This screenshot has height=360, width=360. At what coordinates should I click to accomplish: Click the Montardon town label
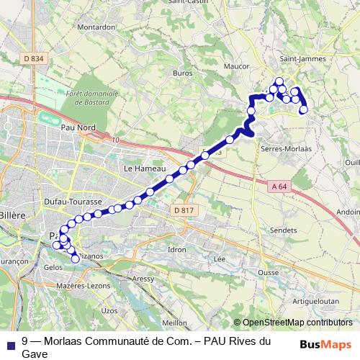[x=96, y=27]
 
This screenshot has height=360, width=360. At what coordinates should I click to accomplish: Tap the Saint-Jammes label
[x=302, y=59]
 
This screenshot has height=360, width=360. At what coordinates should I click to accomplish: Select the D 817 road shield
[x=184, y=210]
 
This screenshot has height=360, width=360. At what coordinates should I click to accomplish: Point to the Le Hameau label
[x=140, y=168]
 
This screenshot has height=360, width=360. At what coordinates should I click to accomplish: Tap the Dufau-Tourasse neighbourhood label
[x=73, y=202]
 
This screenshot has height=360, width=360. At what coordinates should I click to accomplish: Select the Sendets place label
[x=282, y=230]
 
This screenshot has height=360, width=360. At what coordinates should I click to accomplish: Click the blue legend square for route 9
[x=10, y=343]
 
